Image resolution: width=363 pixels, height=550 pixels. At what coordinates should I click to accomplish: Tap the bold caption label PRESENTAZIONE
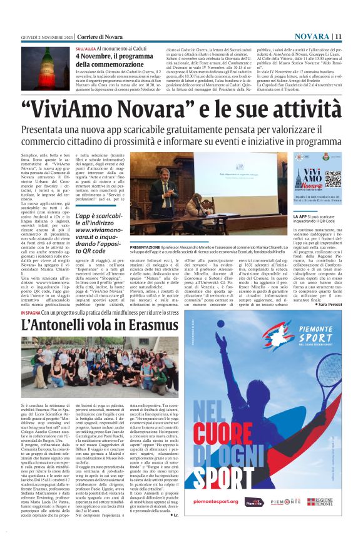(x=148, y=246)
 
